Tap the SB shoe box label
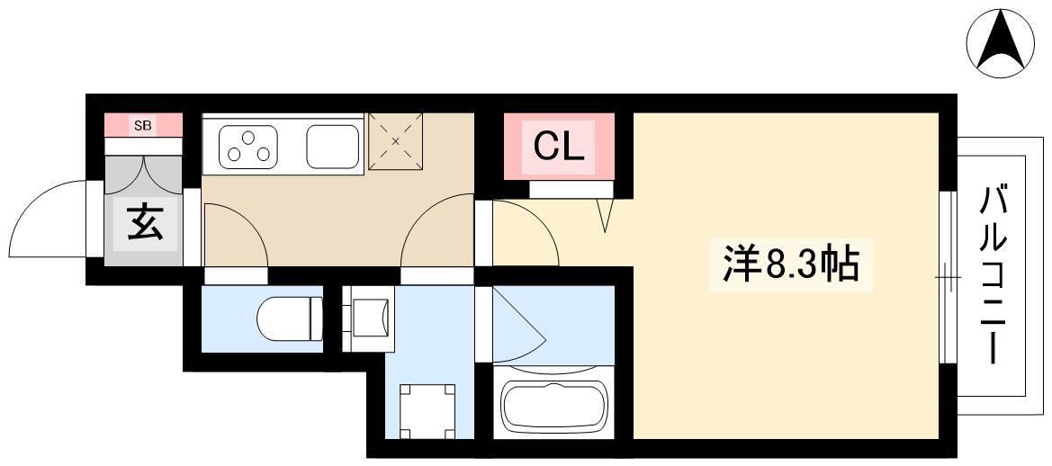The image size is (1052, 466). (x=142, y=125)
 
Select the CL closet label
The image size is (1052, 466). (x=558, y=148)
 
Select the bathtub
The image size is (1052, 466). (x=556, y=407)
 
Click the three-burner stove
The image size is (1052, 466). (x=248, y=146)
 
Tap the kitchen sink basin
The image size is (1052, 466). (x=332, y=146)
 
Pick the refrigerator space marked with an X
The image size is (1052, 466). (x=396, y=141)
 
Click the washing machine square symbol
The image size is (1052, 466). (x=427, y=411)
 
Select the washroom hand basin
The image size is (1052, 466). (x=368, y=317)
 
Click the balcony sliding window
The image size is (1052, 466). (x=948, y=277)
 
